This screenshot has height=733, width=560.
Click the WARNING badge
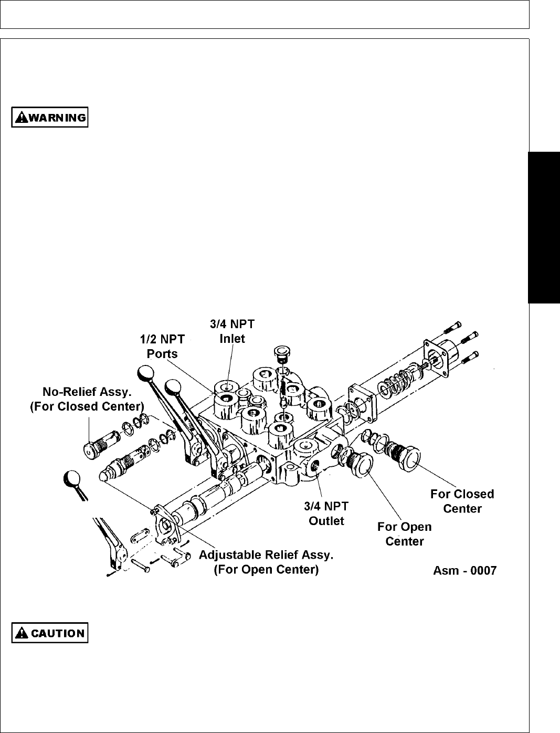tap(50, 117)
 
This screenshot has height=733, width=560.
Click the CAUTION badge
tap(50, 633)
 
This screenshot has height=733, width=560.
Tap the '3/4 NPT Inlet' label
tap(231, 331)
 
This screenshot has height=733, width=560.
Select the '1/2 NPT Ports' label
tap(162, 347)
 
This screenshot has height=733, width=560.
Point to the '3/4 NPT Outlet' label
tap(326, 514)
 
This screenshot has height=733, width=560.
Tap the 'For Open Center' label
tap(405, 533)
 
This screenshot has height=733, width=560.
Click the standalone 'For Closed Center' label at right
tap(462, 501)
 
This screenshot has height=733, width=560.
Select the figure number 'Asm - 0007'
tap(464, 571)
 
